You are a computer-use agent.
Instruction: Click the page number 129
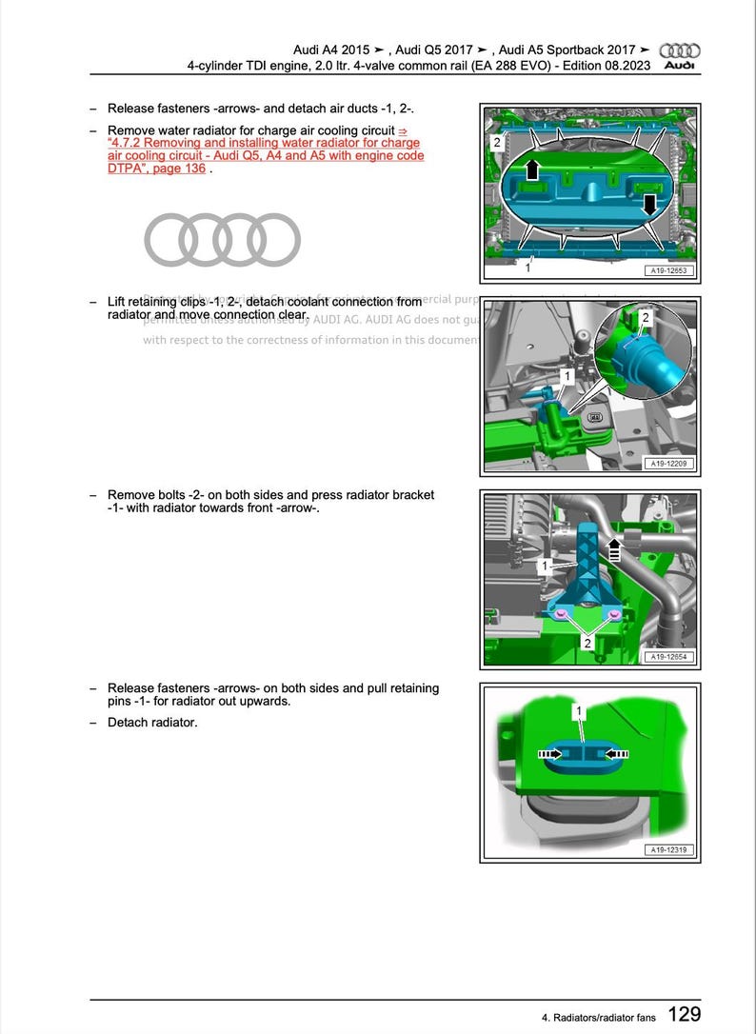[684, 1014]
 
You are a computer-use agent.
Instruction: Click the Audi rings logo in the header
[680, 50]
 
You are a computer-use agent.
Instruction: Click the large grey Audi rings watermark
[222, 239]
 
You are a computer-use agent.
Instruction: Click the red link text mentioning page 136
[266, 155]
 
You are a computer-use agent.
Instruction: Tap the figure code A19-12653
[667, 270]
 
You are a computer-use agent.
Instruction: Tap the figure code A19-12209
[669, 464]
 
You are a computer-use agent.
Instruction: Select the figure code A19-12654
[669, 657]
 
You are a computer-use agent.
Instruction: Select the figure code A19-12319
[669, 850]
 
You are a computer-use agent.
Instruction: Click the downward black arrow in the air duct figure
[650, 204]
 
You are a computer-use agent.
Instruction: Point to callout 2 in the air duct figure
[496, 142]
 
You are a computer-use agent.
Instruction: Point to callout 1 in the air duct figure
[527, 268]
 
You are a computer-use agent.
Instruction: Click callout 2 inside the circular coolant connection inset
[646, 317]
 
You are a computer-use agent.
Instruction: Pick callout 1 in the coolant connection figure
[567, 377]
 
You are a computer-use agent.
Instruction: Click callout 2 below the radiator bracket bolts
[587, 644]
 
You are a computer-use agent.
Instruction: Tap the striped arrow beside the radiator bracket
[614, 548]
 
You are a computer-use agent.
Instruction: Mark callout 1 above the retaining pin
[578, 711]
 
